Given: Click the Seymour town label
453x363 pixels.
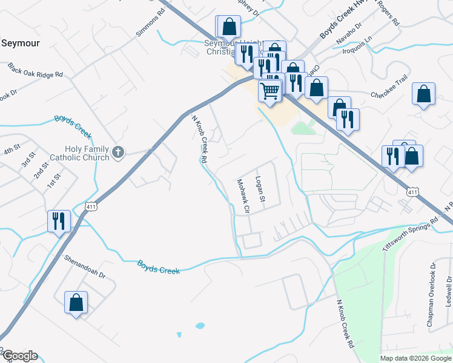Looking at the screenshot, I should (20, 43).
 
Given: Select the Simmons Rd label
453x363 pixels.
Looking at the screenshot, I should (150, 22).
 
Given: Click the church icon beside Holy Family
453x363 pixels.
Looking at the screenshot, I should (118, 152).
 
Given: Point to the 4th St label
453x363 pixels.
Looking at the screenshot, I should (12, 149).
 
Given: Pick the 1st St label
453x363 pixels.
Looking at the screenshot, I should (55, 180).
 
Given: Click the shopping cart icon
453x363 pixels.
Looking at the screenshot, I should (269, 91).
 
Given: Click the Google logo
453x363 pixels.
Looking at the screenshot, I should (19, 356).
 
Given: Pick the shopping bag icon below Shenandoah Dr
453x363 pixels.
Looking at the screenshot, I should (76, 302).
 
